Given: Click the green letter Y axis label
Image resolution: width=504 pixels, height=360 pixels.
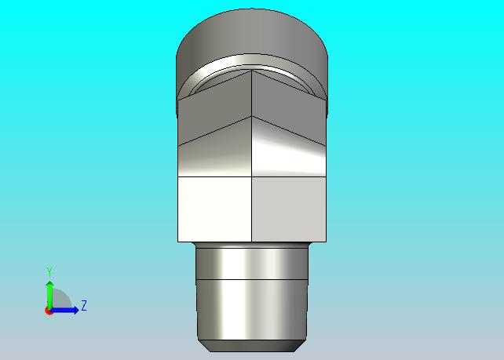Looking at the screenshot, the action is click(49, 271).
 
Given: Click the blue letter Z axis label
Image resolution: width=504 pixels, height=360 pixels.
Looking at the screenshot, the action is click(84, 305).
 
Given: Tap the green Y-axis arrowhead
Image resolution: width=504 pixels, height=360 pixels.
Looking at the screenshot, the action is click(49, 284).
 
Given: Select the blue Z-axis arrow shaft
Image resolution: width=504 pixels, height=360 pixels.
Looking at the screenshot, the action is click(62, 311).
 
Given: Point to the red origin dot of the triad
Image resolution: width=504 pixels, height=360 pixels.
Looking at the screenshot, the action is click(49, 311).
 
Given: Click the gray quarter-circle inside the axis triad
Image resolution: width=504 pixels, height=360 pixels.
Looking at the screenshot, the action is click(60, 298).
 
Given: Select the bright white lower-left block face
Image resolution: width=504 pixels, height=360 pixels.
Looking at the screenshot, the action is click(215, 209).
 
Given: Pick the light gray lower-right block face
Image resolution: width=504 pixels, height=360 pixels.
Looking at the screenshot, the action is click(289, 209).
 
